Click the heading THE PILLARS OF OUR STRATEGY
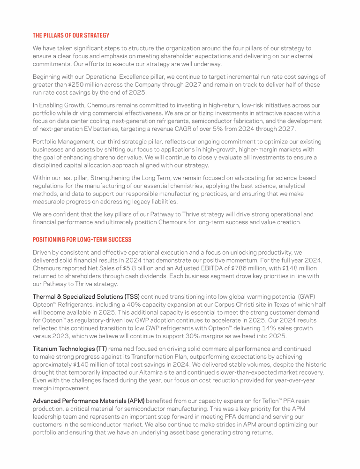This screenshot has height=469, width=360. pyautogui.click(x=71, y=35)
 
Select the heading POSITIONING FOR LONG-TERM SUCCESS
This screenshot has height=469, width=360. pyautogui.click(x=82, y=240)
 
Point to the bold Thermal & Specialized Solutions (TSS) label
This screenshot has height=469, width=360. pyautogui.click(x=86, y=296)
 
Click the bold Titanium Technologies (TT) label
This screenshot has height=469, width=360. pyautogui.click(x=70, y=349)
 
